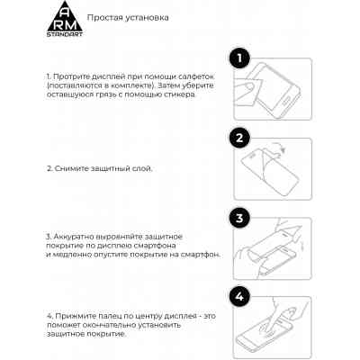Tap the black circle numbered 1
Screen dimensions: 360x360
click(238, 59)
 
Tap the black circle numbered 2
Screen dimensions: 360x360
click(238, 139)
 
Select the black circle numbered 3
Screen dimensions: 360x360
click(238, 219)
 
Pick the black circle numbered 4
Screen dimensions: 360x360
click(238, 297)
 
